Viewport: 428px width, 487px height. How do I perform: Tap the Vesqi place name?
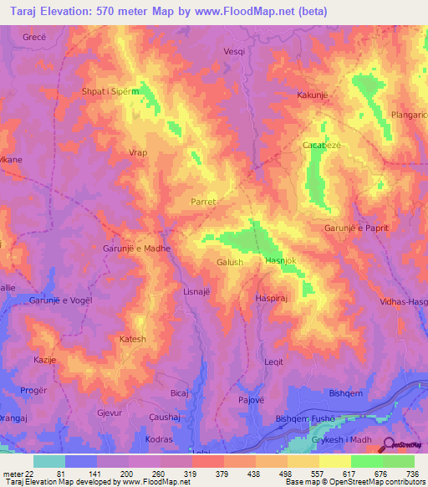[x=235, y=51]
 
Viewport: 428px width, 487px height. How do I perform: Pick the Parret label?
[x=204, y=202]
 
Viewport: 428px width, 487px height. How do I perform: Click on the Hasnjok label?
[x=281, y=261]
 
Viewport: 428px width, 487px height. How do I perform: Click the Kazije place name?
[x=43, y=357]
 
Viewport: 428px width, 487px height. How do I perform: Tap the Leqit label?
[x=274, y=362]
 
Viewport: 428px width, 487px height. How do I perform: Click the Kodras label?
[x=159, y=439]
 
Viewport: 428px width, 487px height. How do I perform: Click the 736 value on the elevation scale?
[x=413, y=473]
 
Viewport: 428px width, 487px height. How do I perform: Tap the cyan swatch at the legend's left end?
[x=49, y=461]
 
